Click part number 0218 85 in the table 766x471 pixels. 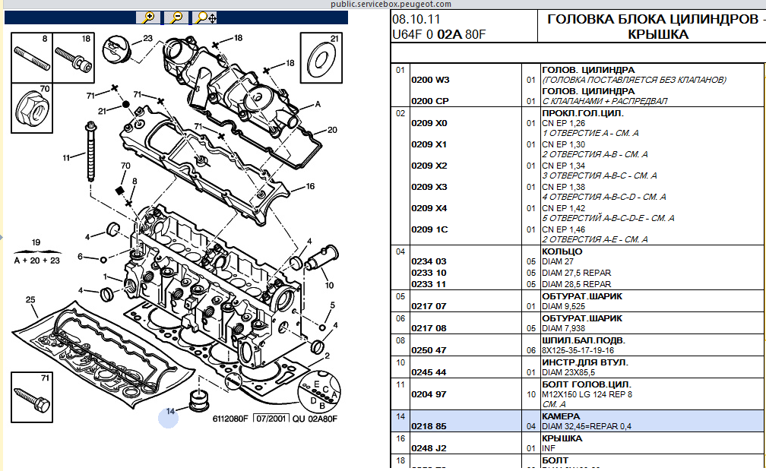pos(429,427)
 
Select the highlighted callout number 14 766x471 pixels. pos(169,412)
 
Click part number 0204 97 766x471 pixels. pos(429,395)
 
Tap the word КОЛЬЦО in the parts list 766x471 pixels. pos(562,251)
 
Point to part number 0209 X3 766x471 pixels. pos(429,187)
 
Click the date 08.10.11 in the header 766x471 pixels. pos(416,18)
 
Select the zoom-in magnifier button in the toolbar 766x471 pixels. pos(149,17)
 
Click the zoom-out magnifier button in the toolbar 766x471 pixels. pos(177,17)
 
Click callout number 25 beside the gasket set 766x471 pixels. pos(30,299)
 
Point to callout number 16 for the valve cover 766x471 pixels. pos(309,186)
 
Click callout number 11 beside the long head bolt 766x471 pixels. pos(67,157)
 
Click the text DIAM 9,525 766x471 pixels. pos(564,306)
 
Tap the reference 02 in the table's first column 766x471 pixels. pos(400,113)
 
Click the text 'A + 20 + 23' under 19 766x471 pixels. pos(36,260)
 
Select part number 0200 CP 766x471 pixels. pos(429,101)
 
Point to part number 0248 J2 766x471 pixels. pos(429,448)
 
